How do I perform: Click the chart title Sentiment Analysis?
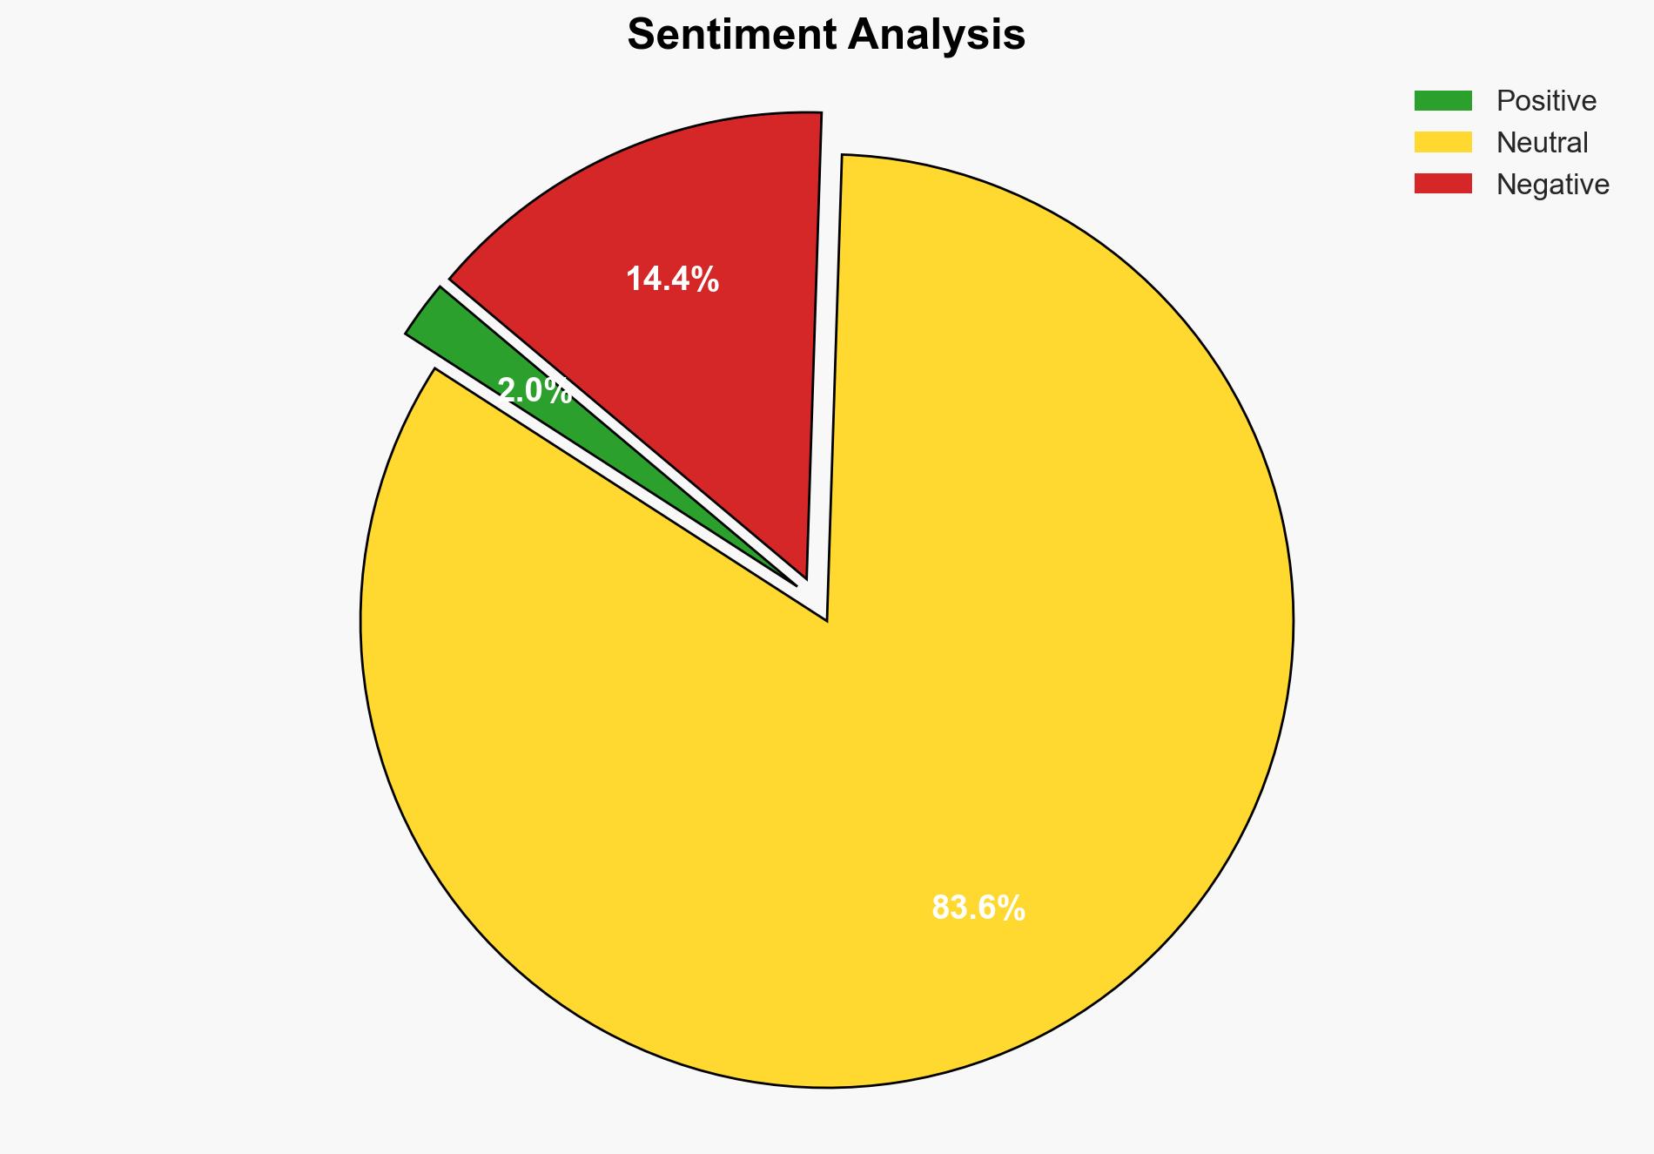(826, 36)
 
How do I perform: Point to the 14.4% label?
(672, 280)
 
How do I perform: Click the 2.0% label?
(535, 391)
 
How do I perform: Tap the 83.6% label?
(978, 908)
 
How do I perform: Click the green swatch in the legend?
(1442, 101)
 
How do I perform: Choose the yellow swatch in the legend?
(1442, 142)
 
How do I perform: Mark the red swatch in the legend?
(1442, 184)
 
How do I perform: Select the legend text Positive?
(1546, 101)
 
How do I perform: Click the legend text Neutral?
(1542, 143)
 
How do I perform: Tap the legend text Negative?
(1552, 185)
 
